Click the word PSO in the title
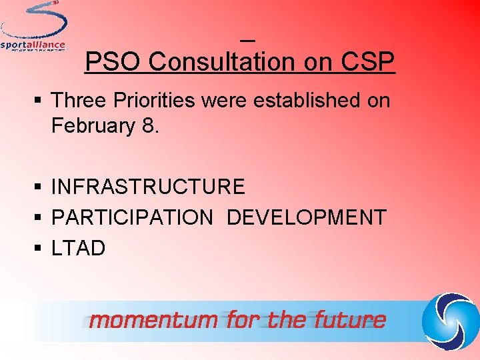[114, 62]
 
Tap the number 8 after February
[149, 125]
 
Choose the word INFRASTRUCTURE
[148, 187]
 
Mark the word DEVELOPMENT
[307, 217]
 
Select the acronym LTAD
[78, 249]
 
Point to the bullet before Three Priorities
[39, 101]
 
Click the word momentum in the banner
[153, 321]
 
